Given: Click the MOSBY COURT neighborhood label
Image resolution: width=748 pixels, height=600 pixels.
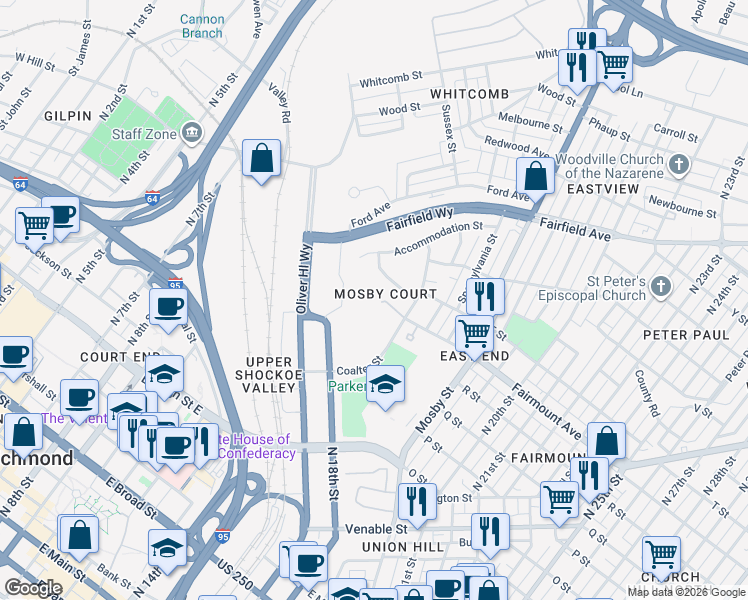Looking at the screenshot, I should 385,294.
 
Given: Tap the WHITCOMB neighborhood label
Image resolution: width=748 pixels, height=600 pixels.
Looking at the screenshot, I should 469,93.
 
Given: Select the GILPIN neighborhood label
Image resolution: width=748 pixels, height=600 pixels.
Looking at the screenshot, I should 68,116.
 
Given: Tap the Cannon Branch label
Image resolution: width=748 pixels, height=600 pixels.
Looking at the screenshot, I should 202,26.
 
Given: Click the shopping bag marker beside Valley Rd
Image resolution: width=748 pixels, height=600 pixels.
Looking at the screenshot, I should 261,158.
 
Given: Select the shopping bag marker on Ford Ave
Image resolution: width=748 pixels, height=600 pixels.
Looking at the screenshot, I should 536,176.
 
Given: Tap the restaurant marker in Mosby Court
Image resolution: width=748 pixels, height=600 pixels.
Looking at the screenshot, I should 485,296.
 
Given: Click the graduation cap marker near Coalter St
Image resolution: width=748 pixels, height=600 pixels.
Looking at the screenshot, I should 385,384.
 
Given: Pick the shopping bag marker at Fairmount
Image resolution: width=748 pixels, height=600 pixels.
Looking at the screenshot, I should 606,440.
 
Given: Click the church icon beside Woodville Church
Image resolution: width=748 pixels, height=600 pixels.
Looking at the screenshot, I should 679,163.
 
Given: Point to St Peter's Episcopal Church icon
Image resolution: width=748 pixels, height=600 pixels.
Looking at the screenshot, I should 660,288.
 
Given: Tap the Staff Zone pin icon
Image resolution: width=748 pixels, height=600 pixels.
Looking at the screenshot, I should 192,132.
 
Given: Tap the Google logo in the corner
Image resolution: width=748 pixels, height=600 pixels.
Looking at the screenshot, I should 33,588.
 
